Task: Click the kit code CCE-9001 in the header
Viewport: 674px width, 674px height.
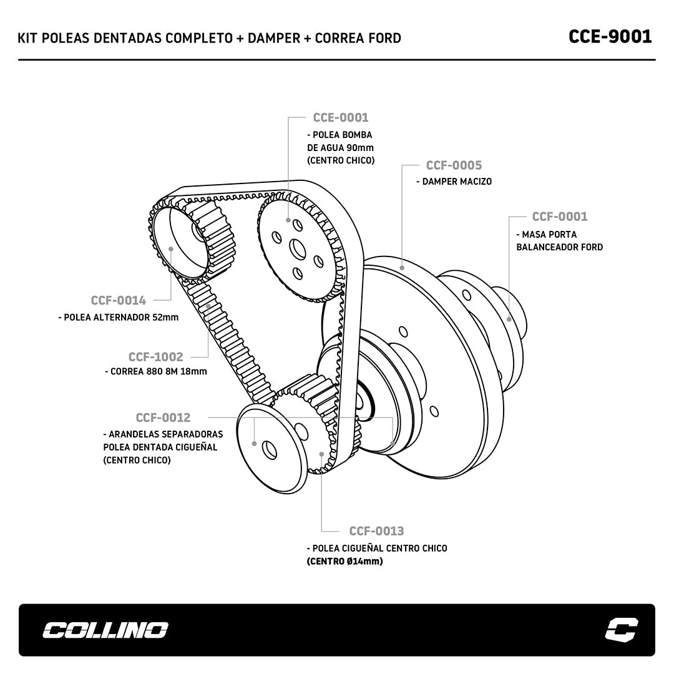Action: coord(610,36)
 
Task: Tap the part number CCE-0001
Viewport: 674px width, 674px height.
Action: coord(341,117)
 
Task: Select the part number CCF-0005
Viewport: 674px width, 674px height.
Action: coord(454,165)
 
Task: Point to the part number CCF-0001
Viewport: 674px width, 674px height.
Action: coord(559,217)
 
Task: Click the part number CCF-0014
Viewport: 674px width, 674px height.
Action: coord(118,300)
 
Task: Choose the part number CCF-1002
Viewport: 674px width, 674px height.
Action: coord(155,357)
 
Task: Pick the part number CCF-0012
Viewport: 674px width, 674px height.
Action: coord(163,418)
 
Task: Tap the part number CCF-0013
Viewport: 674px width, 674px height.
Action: coord(376,531)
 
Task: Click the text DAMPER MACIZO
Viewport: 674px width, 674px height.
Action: coord(456,182)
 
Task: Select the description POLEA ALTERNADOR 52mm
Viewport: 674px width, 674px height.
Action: coord(120,317)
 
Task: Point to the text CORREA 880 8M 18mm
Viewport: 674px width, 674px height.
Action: coord(159,371)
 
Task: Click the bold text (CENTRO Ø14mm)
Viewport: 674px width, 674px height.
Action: coord(344,561)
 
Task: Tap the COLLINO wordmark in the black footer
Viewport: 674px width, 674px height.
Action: coord(105,630)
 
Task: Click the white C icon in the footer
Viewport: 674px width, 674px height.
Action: coord(622,630)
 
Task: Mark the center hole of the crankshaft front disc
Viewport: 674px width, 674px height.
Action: coord(270,448)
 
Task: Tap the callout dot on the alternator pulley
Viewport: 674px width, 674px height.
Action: coord(171,249)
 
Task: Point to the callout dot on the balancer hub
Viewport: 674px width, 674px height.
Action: coord(509,319)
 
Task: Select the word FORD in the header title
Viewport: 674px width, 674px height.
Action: coord(384,38)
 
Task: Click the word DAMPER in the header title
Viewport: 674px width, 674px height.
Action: coord(274,38)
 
